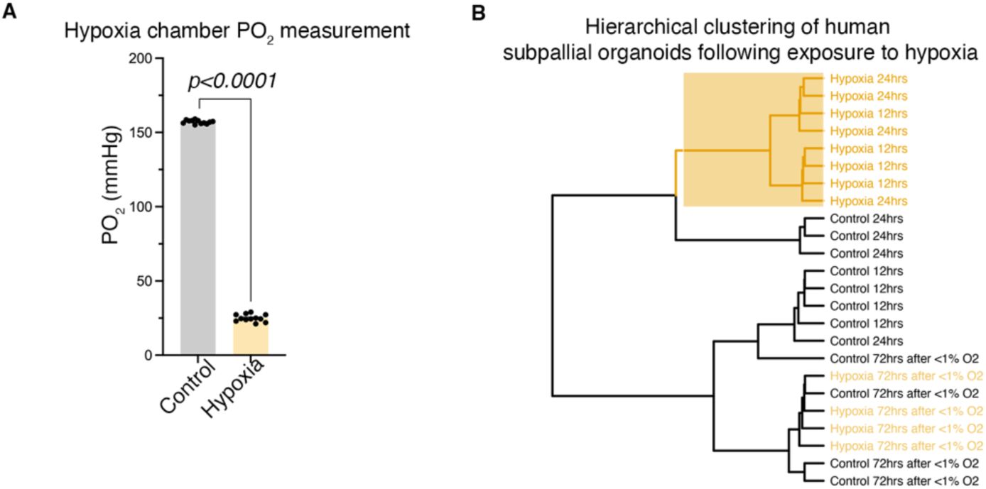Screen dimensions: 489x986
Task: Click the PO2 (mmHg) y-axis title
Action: [x=112, y=206]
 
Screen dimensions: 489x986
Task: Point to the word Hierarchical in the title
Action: [x=629, y=31]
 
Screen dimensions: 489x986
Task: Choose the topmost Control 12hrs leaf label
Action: [x=865, y=271]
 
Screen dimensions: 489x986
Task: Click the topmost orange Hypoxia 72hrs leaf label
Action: [x=906, y=376]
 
